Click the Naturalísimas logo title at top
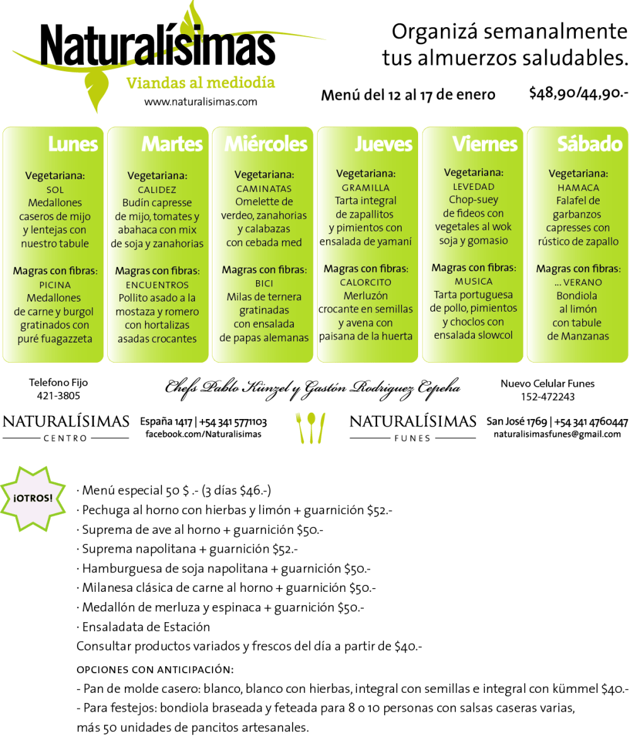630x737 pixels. point(158,45)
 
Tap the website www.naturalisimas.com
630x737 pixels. point(201,102)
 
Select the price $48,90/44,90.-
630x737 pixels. point(578,93)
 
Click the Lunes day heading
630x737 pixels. point(73,144)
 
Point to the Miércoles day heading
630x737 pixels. point(266,144)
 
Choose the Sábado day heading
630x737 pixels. point(590,144)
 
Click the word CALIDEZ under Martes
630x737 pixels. point(157,190)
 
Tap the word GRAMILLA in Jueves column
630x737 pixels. point(366,188)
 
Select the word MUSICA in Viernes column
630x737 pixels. point(474,281)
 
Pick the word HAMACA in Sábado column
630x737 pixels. point(578,187)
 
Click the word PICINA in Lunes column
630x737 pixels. point(55,285)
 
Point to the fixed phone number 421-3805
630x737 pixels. point(58,396)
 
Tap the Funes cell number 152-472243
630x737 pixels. point(548,397)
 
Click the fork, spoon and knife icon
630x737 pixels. point(310,428)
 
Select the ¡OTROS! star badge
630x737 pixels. point(33,498)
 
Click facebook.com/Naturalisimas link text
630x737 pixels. point(204,434)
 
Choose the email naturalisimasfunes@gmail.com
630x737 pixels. point(557,434)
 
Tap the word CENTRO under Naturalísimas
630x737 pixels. point(66,438)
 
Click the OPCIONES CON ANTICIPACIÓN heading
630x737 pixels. point(155,669)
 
